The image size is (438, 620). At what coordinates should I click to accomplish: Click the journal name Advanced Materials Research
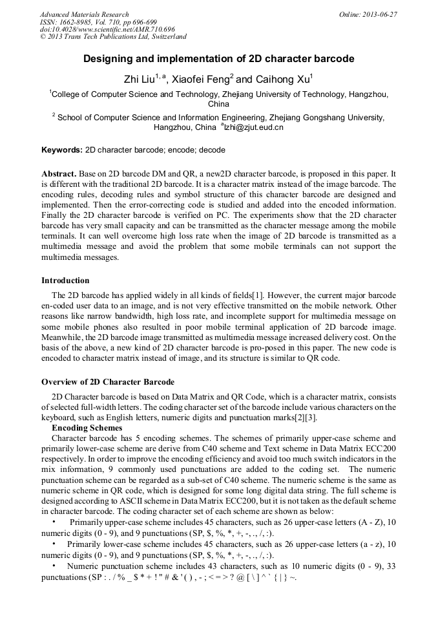pos(84,14)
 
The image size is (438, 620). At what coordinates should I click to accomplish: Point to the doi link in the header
pos(107,30)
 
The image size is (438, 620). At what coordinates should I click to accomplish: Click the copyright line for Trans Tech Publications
pos(113,37)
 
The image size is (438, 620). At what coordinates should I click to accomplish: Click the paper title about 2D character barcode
pos(219,59)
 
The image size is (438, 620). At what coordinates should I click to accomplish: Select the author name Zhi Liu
pos(138,80)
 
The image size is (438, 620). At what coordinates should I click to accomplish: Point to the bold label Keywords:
pos(62,150)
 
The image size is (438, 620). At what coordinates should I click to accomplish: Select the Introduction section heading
pos(65,281)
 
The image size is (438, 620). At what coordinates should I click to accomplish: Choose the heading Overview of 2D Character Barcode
pos(107,382)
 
